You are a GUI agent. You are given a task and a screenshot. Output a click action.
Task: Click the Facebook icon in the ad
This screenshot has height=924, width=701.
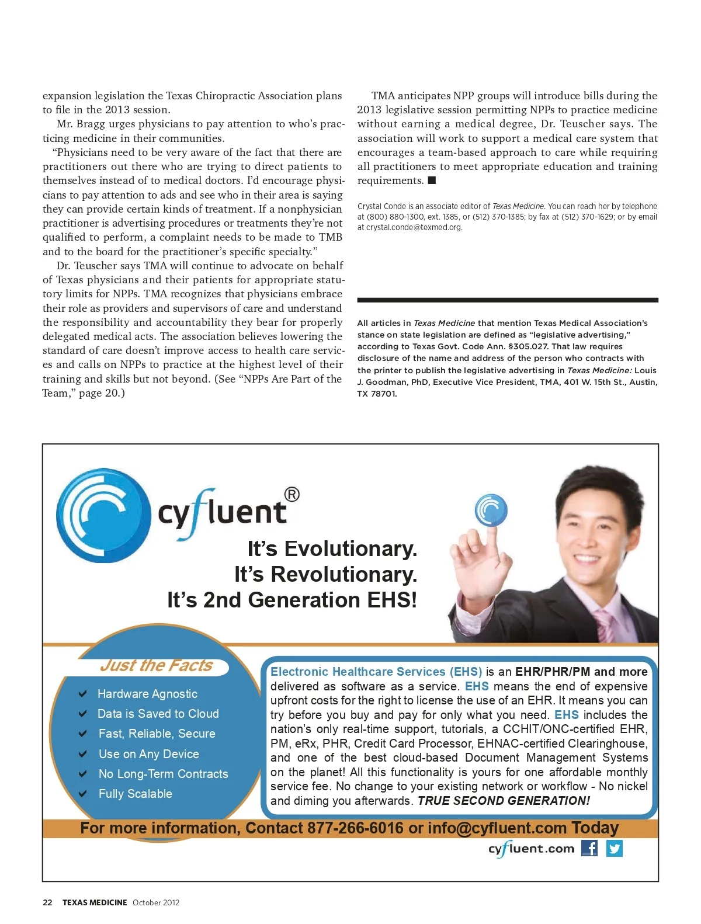point(589,848)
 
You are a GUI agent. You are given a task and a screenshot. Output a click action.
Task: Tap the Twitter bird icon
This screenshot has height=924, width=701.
point(615,848)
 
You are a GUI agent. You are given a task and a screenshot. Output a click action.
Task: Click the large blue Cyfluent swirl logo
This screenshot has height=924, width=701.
point(103,515)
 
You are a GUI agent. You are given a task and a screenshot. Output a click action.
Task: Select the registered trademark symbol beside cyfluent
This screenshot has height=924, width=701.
point(291,495)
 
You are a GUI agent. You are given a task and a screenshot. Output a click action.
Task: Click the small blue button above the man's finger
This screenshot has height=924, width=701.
point(491,510)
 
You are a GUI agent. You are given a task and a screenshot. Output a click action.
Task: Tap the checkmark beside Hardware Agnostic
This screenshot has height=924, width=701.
point(83,694)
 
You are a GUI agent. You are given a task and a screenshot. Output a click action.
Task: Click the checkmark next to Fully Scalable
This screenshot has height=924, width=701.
point(83,794)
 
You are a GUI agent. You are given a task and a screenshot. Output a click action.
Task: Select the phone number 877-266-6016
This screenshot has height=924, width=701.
point(355,828)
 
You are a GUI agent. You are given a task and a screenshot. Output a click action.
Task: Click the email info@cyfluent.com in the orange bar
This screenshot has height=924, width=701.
point(497,828)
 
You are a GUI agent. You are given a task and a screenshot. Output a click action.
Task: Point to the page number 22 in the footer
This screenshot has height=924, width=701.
point(47,902)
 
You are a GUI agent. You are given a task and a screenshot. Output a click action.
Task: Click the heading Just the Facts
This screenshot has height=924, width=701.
point(156,666)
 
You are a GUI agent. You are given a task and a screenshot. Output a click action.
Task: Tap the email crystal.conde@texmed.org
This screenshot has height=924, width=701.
point(414,227)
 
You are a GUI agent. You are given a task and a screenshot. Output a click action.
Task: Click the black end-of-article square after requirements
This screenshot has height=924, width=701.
point(432,180)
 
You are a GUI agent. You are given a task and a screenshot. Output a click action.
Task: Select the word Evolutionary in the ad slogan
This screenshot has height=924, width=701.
point(350,549)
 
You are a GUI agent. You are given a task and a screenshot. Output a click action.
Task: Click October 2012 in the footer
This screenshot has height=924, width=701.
point(156,902)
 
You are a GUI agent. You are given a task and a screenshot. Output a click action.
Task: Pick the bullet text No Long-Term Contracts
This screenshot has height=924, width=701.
point(163,774)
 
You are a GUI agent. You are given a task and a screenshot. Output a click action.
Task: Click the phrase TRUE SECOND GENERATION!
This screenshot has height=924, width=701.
point(504,801)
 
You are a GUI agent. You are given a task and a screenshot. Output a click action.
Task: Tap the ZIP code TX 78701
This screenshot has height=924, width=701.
point(377,394)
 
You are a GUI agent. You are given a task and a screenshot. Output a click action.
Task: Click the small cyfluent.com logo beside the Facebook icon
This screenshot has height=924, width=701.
point(531,849)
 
